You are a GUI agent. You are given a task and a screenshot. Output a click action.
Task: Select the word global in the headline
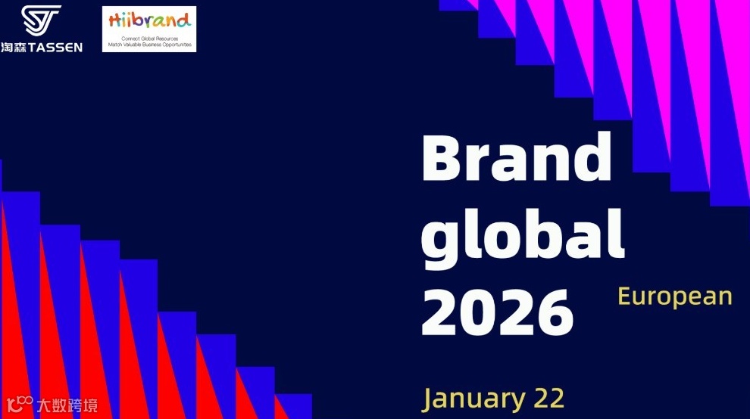523,236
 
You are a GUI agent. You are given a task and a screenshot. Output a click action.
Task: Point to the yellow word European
675,296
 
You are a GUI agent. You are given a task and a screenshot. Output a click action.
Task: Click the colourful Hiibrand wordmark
148,20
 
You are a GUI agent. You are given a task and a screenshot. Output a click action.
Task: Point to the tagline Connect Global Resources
148,37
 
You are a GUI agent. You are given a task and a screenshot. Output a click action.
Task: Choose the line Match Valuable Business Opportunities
148,44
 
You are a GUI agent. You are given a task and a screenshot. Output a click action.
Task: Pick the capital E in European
624,296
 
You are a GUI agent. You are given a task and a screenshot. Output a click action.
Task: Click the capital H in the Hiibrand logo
114,20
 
